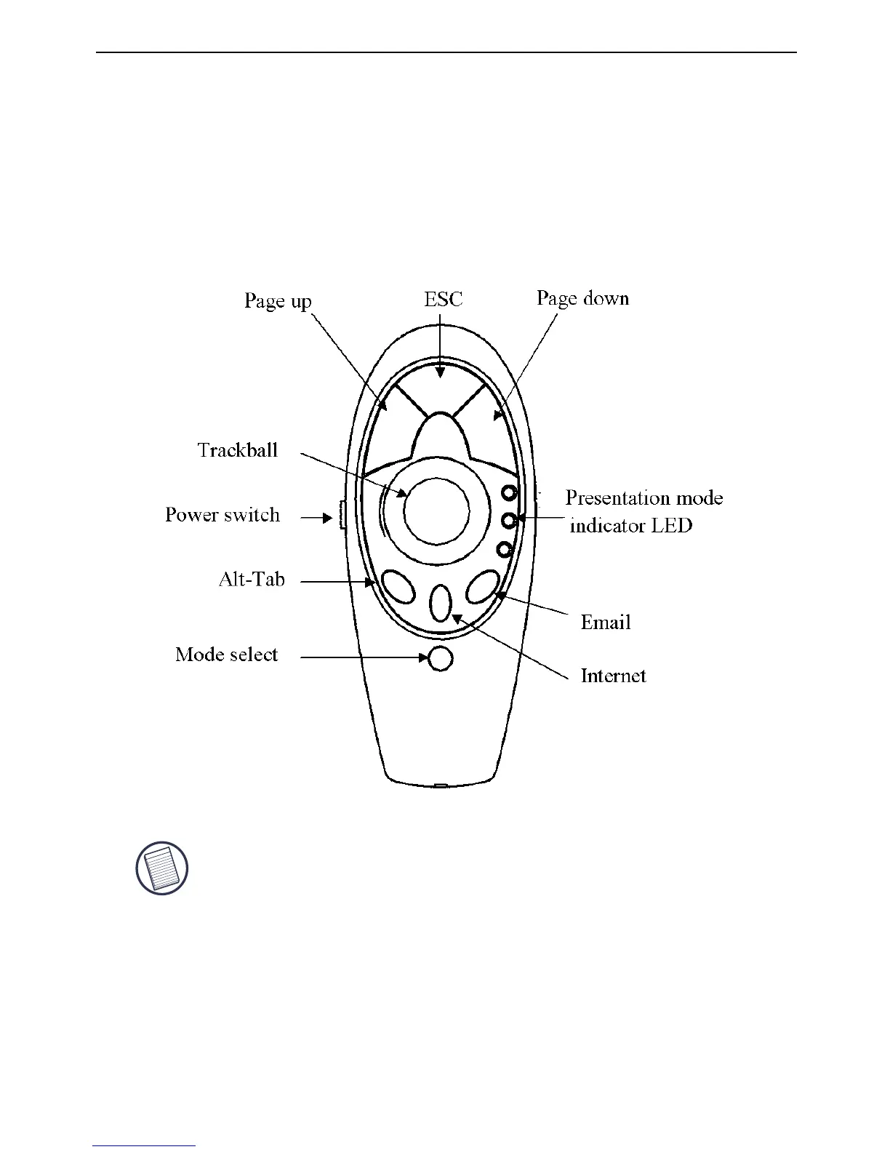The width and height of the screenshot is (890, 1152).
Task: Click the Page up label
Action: [x=278, y=301]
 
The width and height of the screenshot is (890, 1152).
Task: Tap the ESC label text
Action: [x=443, y=299]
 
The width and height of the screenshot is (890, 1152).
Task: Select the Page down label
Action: [x=582, y=298]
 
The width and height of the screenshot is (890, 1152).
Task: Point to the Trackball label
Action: [x=238, y=450]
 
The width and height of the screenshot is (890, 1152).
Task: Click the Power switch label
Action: [x=222, y=515]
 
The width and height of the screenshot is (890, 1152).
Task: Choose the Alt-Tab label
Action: [x=252, y=580]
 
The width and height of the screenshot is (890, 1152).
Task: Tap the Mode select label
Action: [x=227, y=655]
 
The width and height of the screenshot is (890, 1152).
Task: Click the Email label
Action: [x=605, y=623]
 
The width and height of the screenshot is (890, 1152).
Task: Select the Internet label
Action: [x=613, y=676]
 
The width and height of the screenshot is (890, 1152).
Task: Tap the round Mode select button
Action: [x=441, y=658]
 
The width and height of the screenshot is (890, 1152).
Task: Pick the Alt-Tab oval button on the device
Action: [x=398, y=586]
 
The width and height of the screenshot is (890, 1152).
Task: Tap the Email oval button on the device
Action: [x=483, y=586]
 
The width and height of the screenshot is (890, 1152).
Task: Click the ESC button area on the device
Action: [x=439, y=389]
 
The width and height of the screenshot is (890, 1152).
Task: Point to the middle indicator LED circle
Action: [x=509, y=520]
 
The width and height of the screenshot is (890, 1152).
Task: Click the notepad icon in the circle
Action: [x=162, y=868]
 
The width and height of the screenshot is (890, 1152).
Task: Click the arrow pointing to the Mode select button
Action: [x=364, y=657]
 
